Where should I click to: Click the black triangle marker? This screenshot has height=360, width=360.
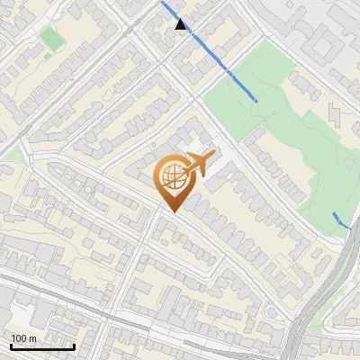pos(182,25)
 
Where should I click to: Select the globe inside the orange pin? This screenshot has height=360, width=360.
pos(173,179)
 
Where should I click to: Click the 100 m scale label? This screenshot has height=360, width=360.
pos(23,338)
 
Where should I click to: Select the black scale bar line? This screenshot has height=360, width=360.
pos(42,346)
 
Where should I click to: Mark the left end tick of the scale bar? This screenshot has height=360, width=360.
pos(11,345)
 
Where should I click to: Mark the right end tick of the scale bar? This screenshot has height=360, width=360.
pos(74,345)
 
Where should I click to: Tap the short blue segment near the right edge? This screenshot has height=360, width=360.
pos(339,220)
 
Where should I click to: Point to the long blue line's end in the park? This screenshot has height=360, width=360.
pos(257,101)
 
